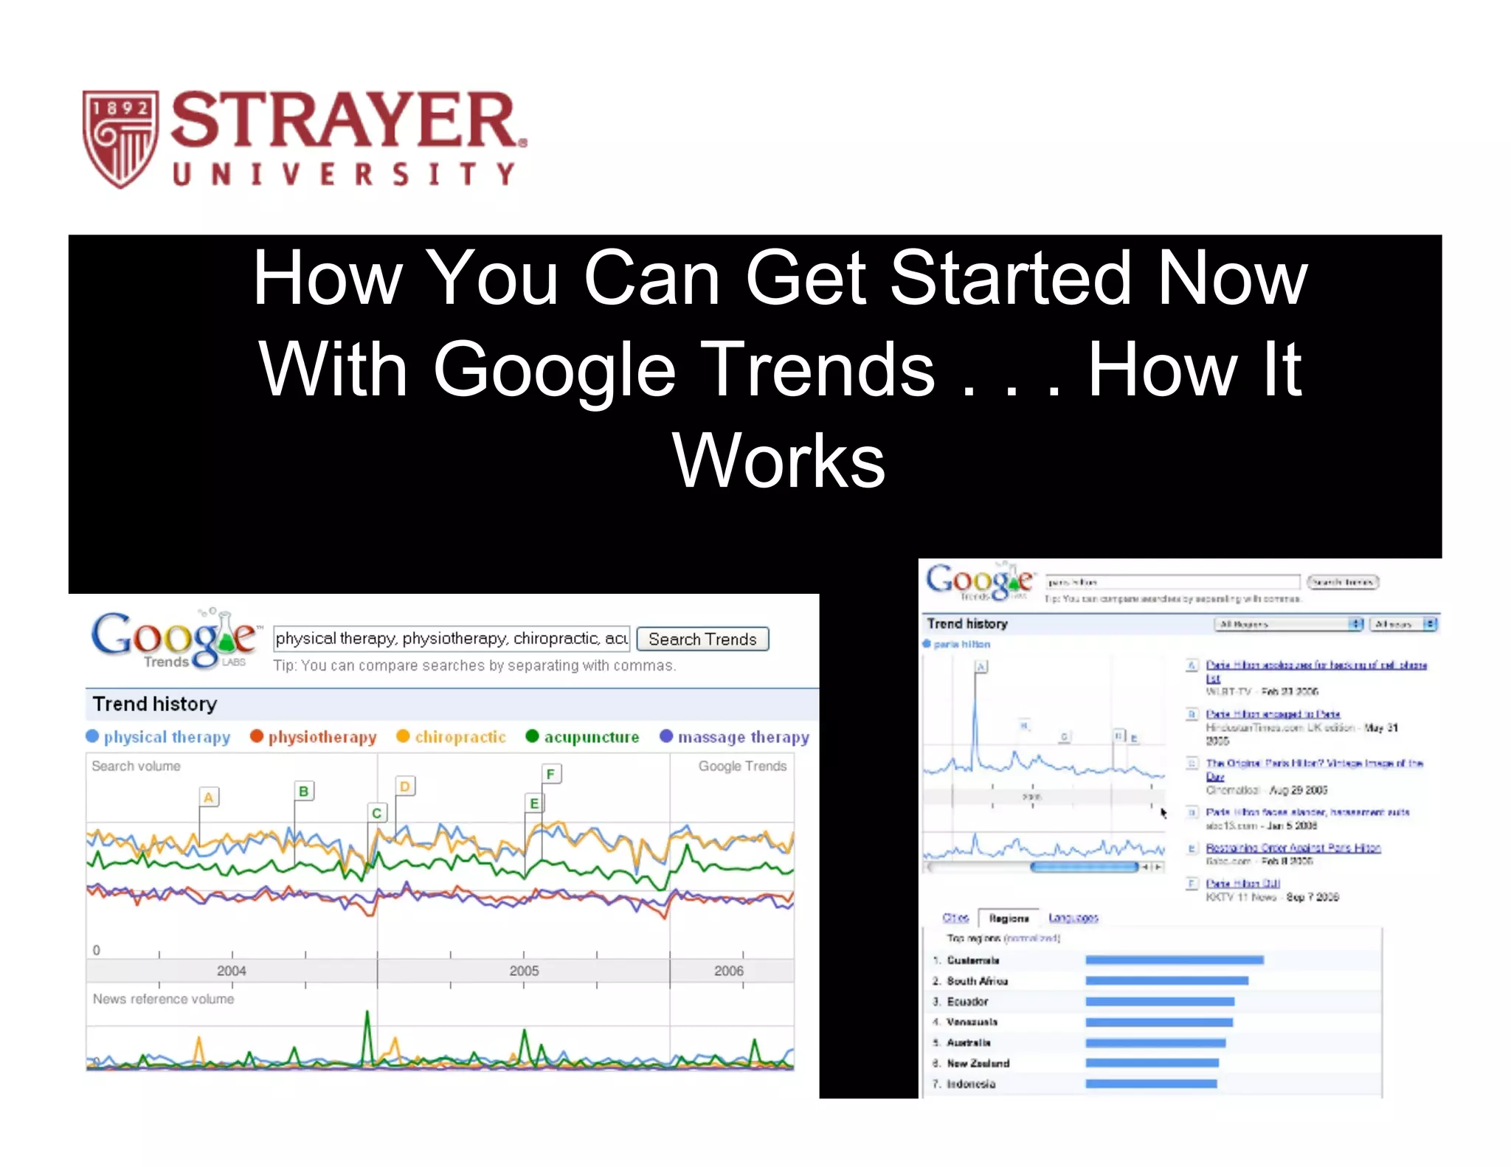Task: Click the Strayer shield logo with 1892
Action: (x=120, y=139)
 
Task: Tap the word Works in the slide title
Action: (x=778, y=461)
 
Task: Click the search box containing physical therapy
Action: (x=451, y=639)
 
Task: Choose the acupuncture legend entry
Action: (x=583, y=737)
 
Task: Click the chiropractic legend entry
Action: (x=452, y=737)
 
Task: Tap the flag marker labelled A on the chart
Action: (x=209, y=797)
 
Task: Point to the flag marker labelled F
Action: (x=550, y=774)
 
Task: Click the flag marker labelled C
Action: (x=376, y=813)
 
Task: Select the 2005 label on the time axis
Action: (x=524, y=971)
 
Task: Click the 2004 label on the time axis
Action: (x=231, y=971)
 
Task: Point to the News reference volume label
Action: (x=163, y=999)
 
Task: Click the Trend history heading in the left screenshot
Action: (x=155, y=704)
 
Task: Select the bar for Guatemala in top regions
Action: (x=1174, y=960)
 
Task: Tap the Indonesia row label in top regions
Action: (x=971, y=1084)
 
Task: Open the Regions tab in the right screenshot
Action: (x=1009, y=918)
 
